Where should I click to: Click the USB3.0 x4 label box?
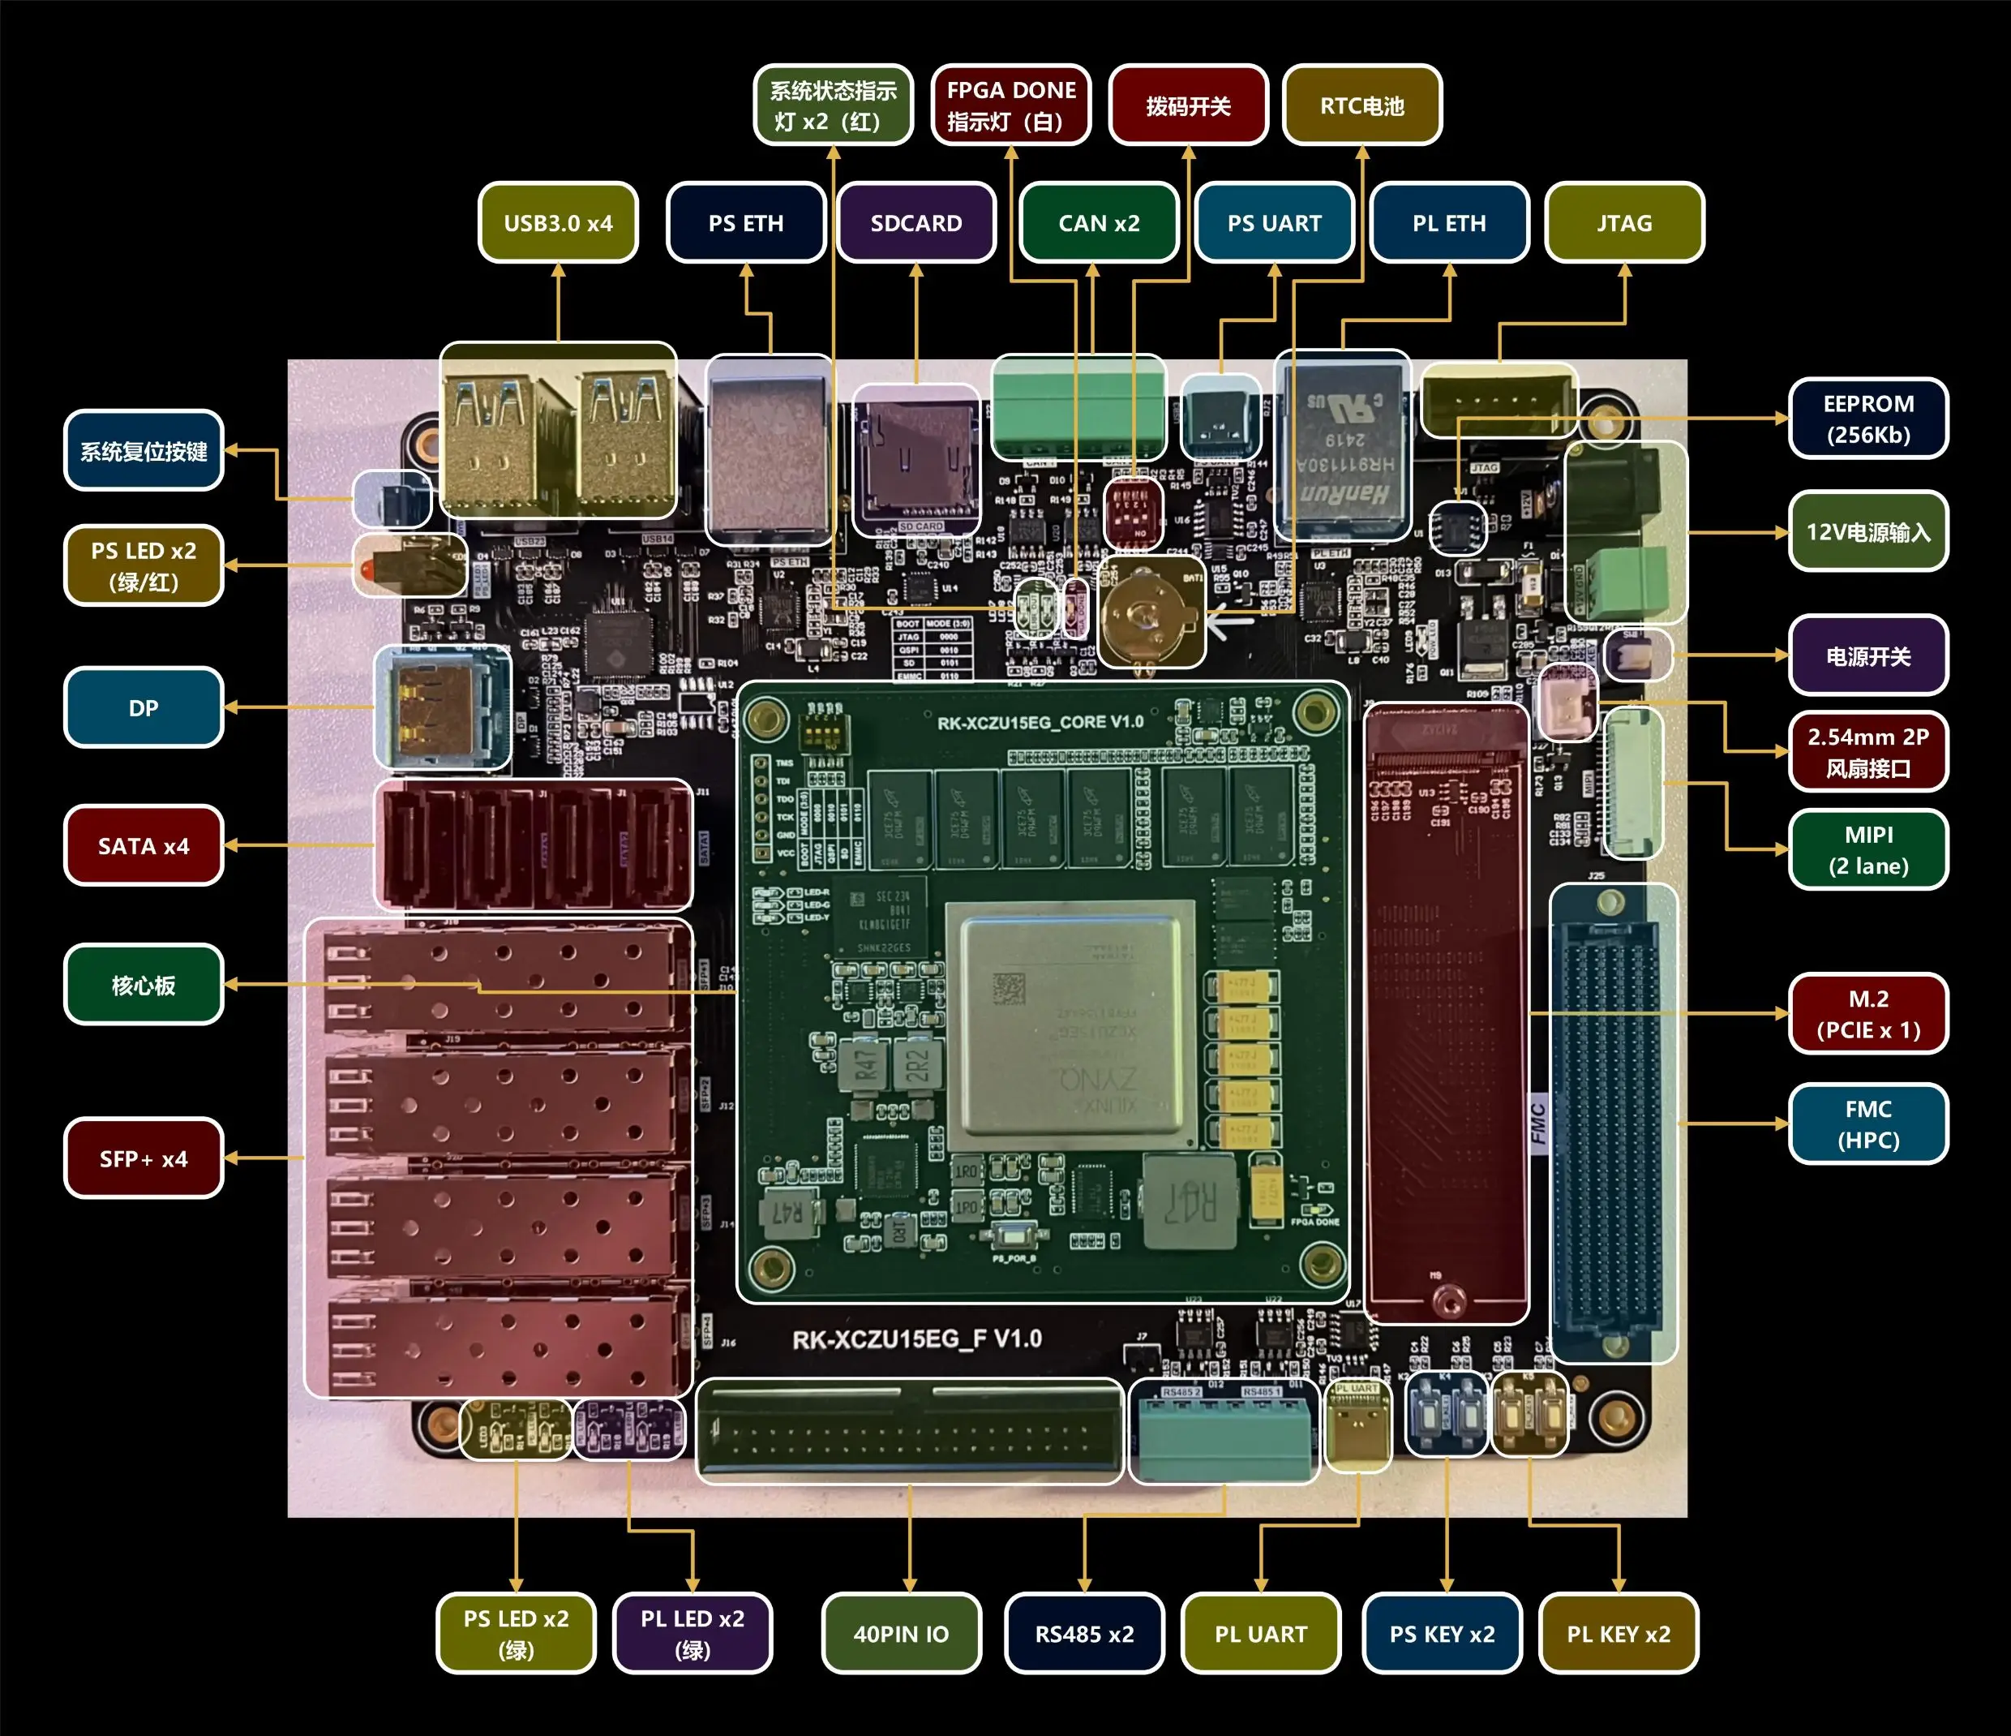[x=558, y=222]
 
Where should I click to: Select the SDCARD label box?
[x=915, y=222]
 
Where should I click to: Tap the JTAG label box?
[x=1623, y=222]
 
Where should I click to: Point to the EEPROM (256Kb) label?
[x=1867, y=419]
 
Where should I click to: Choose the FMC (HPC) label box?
[x=1867, y=1124]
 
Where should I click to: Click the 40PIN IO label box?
[x=901, y=1633]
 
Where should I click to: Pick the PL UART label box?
[x=1260, y=1633]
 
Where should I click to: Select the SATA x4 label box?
[x=144, y=845]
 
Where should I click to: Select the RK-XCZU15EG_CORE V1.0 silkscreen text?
[x=1040, y=722]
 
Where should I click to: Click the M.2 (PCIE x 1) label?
[x=1867, y=1014]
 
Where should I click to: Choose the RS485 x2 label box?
[x=1084, y=1633]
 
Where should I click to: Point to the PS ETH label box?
[x=745, y=222]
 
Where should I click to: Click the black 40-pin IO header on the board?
[x=910, y=1431]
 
